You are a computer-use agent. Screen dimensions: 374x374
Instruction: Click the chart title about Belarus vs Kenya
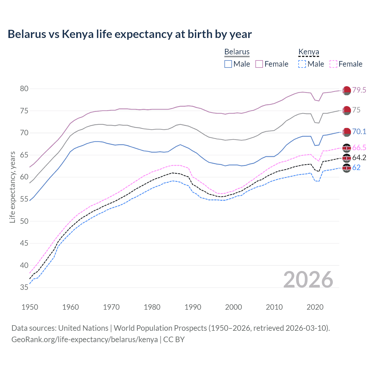pos(129,34)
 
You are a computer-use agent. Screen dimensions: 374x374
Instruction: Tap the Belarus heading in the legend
pos(237,52)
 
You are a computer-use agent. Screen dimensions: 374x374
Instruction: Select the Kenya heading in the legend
pos(309,52)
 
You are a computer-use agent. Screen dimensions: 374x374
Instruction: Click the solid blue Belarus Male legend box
pos(228,64)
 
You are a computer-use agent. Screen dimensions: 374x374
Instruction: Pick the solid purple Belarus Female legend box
pos(259,64)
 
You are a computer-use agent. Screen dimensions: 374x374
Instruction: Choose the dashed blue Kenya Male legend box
pos(302,64)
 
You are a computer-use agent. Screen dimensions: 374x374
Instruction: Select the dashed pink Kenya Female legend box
pos(333,64)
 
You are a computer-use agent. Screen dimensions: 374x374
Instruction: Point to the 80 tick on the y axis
pos(24,89)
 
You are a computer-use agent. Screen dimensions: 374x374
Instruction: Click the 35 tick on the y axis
pos(24,288)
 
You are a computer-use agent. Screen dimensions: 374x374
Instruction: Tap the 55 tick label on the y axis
pos(24,199)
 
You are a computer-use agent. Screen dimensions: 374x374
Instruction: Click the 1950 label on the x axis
pos(30,307)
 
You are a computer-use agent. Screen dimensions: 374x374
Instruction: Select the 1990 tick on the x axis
pos(193,307)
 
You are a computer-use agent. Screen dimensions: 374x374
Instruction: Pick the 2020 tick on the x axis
pos(315,307)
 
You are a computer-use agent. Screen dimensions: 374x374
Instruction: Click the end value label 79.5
pos(359,90)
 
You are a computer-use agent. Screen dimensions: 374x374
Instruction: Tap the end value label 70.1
pos(359,132)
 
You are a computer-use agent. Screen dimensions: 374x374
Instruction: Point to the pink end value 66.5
pos(359,148)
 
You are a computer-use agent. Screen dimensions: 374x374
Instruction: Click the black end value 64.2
pos(359,158)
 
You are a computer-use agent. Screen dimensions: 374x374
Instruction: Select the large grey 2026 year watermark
pos(308,279)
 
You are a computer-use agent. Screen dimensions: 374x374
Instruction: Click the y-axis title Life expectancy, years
pos(12,187)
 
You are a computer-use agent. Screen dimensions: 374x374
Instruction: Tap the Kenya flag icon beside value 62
pos(347,168)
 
